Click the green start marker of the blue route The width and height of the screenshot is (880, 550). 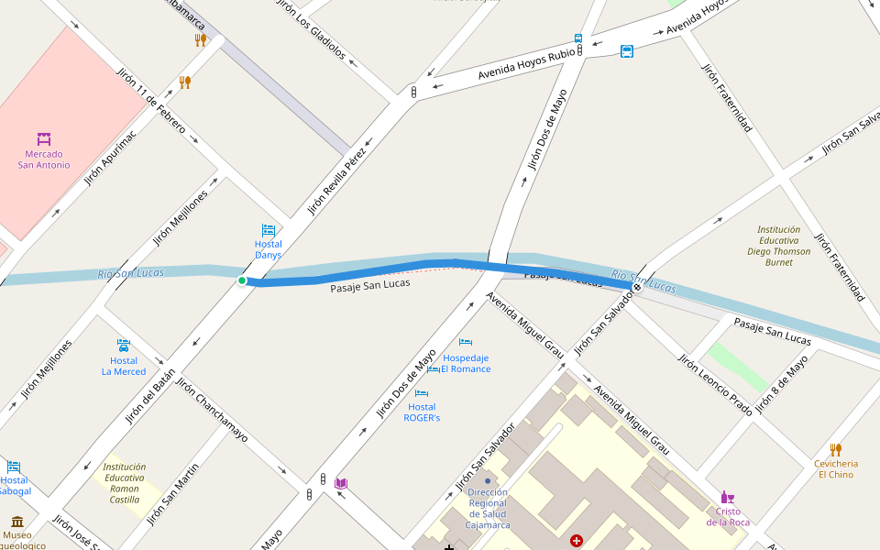coord(242,280)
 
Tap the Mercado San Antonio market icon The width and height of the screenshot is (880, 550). coord(44,139)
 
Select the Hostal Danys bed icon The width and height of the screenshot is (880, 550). coord(269,230)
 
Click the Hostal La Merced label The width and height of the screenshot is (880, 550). coord(124,366)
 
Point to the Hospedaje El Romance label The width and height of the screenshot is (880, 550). coord(466,363)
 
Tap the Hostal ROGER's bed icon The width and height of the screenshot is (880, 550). coord(422,394)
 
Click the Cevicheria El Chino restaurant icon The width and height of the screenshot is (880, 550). coord(835,449)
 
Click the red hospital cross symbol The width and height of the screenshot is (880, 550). coord(577,542)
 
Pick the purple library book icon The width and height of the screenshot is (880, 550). coord(341,483)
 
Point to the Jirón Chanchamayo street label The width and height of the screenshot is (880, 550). coord(212,410)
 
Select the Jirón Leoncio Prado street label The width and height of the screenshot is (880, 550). coord(715,383)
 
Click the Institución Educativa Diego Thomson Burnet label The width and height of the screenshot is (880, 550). coord(779,246)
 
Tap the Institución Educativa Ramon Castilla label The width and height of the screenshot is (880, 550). coord(125,482)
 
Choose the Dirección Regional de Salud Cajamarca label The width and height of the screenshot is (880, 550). coord(488,508)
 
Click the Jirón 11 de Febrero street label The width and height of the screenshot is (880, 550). coord(151,101)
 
